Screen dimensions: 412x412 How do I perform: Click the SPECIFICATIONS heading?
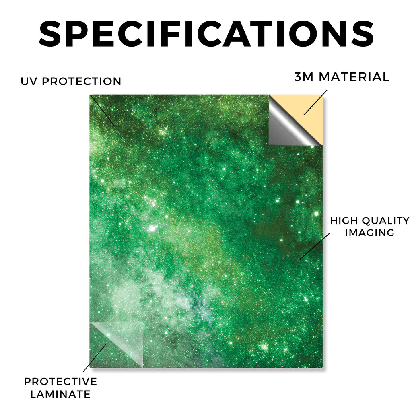coord(206,34)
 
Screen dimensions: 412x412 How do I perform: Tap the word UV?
coord(29,81)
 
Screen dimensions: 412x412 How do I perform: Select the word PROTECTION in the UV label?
coord(81,81)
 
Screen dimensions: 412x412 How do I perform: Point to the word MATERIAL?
coord(354,77)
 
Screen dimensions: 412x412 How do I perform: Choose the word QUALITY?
coord(386,221)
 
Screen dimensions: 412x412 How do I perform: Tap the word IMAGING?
coord(369,233)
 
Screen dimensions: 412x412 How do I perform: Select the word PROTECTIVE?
coord(60,381)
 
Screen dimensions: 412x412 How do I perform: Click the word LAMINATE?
coord(60,394)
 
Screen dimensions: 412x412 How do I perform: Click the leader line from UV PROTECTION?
coord(103,111)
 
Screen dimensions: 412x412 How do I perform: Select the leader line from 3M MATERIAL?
coord(315,103)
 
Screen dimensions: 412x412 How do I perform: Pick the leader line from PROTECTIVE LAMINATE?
coord(95,358)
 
